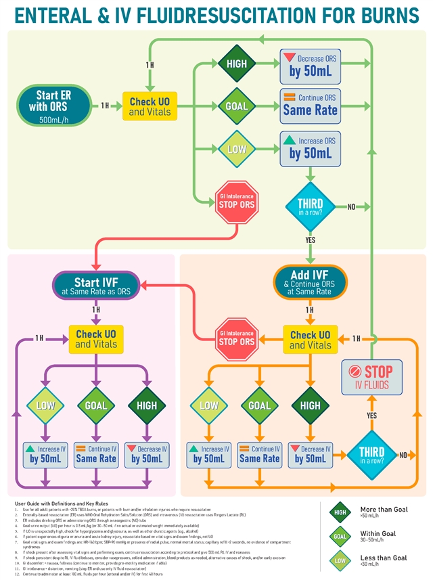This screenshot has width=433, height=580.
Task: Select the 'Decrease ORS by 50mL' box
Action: tap(310, 66)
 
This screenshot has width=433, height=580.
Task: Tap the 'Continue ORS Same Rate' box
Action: tap(310, 106)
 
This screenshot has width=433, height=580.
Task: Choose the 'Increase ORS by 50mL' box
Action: tap(310, 148)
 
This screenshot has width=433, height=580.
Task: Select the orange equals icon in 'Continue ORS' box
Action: tap(290, 98)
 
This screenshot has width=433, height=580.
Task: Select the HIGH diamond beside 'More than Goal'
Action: tap(339, 513)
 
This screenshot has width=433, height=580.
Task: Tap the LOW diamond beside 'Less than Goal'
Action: tap(339, 561)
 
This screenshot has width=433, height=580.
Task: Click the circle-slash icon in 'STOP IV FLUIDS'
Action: tap(355, 371)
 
